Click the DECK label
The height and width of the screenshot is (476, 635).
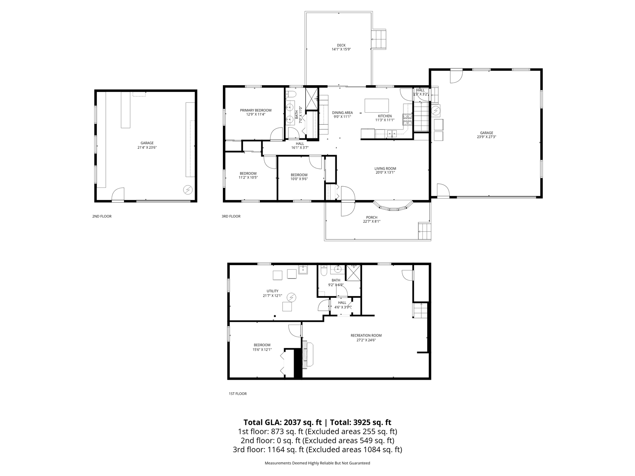(x=341, y=45)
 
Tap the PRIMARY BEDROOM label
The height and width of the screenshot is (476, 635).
(x=256, y=110)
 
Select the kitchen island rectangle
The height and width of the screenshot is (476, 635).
(x=377, y=105)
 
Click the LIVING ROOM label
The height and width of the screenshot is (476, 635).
(x=385, y=168)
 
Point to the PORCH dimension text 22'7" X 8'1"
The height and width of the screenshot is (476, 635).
(x=371, y=221)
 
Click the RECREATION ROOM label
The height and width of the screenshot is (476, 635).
(x=366, y=335)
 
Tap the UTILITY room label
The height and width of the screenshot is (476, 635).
(x=272, y=291)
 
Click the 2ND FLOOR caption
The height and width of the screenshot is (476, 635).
(x=102, y=216)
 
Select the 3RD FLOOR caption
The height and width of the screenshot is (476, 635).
(x=231, y=216)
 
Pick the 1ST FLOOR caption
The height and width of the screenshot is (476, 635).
(x=237, y=393)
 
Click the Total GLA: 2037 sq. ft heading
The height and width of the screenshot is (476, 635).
(x=283, y=422)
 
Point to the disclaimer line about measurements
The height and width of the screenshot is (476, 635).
(x=317, y=463)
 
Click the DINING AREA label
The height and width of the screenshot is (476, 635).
(x=342, y=113)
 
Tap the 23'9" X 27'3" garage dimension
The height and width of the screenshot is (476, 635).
(x=486, y=137)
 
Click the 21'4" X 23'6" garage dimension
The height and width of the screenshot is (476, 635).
(x=147, y=147)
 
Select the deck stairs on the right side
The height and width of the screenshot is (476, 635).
(x=380, y=39)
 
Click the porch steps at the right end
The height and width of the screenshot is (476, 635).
(x=424, y=231)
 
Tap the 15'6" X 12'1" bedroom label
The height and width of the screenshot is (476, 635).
(x=262, y=350)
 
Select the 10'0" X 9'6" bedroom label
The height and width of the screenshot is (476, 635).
(x=299, y=179)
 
